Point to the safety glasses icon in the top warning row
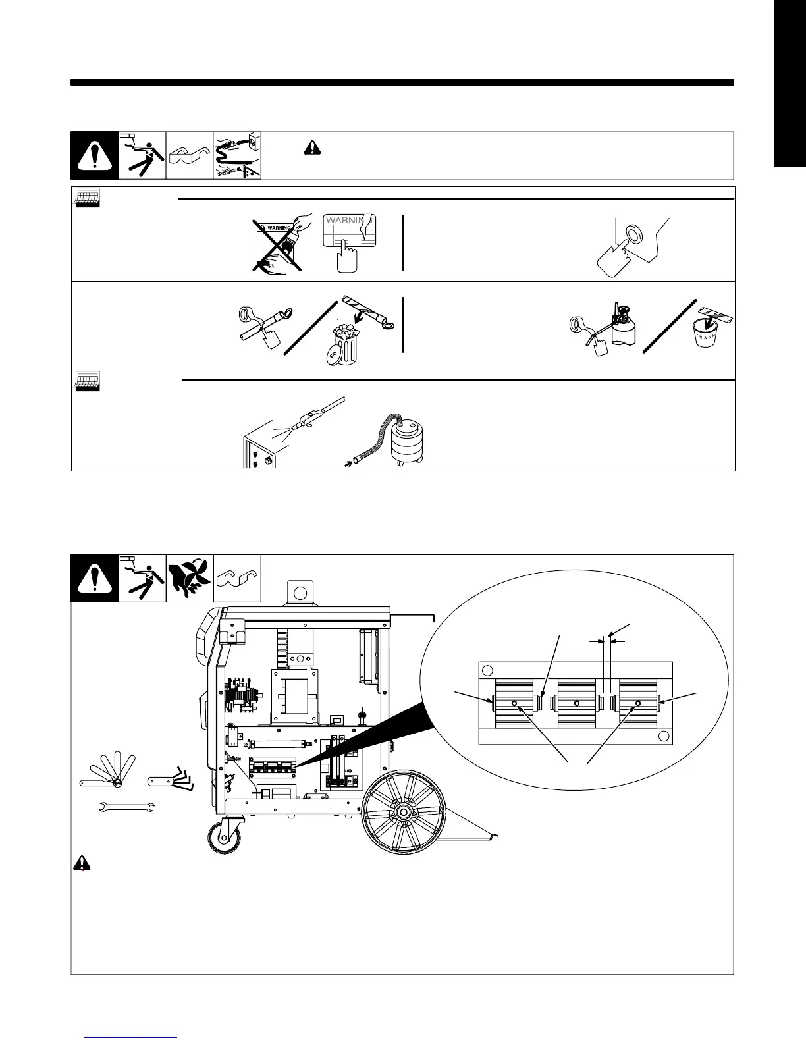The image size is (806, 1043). (x=190, y=156)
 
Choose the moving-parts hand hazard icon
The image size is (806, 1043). (x=190, y=578)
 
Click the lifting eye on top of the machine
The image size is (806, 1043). (x=301, y=592)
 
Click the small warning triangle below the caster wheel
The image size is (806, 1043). (x=80, y=863)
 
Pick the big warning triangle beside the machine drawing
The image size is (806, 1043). (x=95, y=578)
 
